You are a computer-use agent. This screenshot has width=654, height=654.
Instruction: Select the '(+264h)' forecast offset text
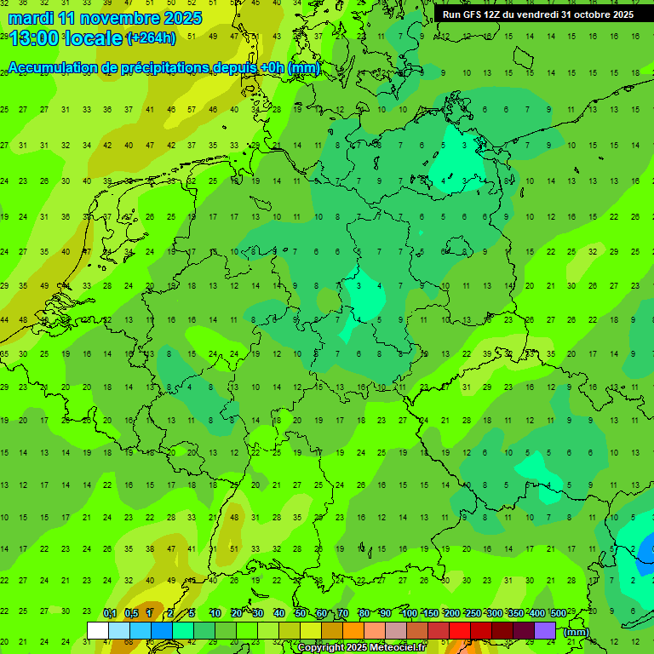click(x=151, y=38)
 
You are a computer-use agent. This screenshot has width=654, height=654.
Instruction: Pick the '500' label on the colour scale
click(x=558, y=613)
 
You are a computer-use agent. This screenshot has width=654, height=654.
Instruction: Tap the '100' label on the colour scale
click(x=409, y=613)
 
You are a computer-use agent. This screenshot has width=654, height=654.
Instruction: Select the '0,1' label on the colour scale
click(x=110, y=613)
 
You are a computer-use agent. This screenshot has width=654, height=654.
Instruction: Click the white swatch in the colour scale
click(x=97, y=630)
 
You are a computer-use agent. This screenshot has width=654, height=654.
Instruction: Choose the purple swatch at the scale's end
click(x=545, y=630)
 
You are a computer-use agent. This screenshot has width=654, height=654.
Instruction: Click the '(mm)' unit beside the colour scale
click(x=577, y=632)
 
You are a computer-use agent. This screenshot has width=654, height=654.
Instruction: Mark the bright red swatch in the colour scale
click(x=460, y=630)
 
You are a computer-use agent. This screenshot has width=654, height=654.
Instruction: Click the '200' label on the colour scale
click(x=451, y=613)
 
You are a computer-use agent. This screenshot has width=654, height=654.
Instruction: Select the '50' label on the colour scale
click(x=301, y=613)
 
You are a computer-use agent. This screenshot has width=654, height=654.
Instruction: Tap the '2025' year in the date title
click(x=182, y=18)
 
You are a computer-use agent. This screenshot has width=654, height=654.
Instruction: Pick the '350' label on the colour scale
click(x=515, y=613)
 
